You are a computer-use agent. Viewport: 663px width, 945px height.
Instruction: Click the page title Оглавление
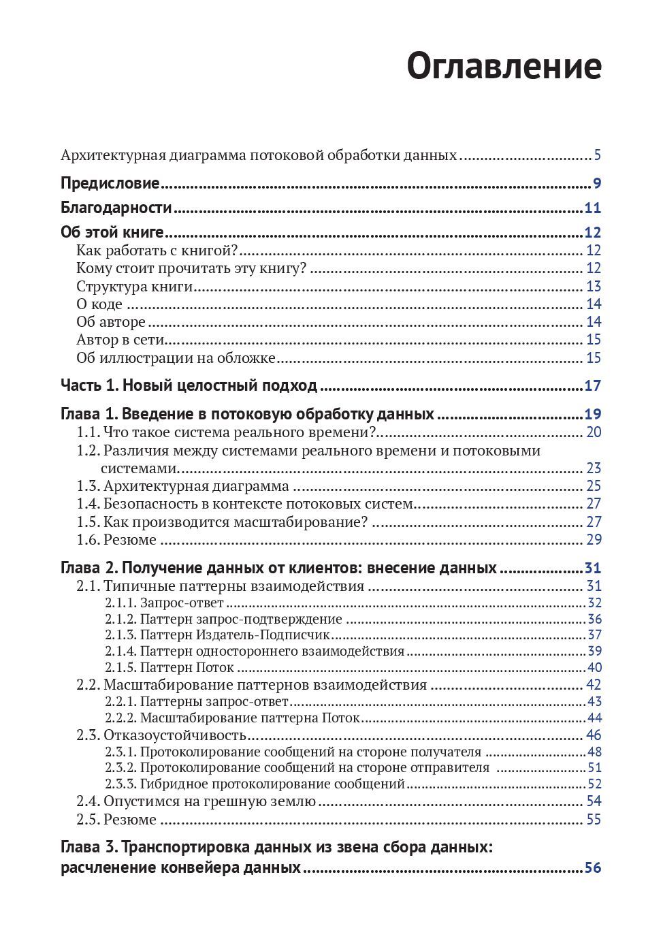pos(504,67)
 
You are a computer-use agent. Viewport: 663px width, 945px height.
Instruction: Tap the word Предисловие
pos(110,183)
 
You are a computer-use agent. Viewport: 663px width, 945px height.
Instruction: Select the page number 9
pos(597,183)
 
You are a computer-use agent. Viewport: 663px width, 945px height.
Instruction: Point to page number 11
pos(593,208)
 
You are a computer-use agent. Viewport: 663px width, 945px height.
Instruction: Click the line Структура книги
pos(135,286)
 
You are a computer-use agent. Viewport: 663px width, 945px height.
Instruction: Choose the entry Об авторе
pos(111,322)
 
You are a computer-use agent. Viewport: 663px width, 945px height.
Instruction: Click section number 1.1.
pos(88,432)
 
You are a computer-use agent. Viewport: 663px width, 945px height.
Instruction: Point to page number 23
pos(594,468)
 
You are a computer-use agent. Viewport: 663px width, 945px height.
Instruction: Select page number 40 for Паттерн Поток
pos(594,668)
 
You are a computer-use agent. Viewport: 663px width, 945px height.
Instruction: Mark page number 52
pos(594,784)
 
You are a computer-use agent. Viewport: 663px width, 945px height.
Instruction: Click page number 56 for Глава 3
pos(593,868)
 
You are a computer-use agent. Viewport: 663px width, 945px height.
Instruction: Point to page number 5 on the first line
pos(597,155)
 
